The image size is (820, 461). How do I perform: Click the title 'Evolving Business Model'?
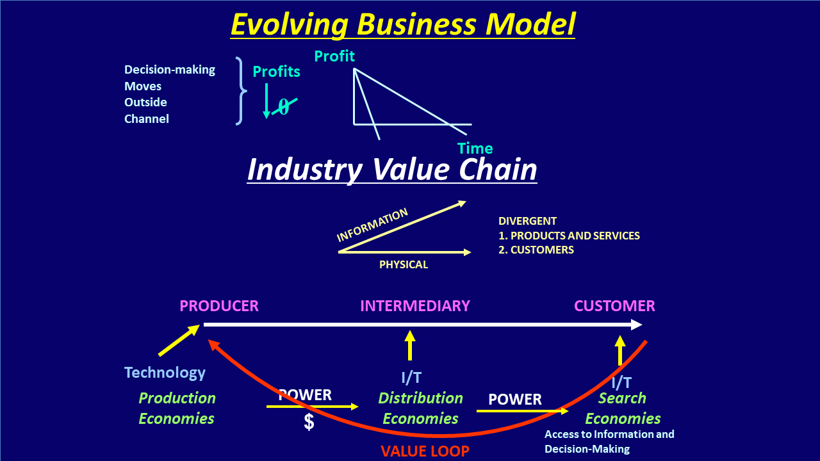[x=403, y=24]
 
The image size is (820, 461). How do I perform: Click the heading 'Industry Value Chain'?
[x=392, y=170]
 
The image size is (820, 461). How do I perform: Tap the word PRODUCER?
[x=219, y=306]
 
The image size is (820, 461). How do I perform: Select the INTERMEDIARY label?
[x=415, y=306]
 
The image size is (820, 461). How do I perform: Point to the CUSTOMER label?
[x=614, y=306]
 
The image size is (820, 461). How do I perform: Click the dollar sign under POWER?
[x=309, y=422]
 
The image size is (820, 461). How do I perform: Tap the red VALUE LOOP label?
[x=425, y=451]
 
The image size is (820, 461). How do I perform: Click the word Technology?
[x=165, y=373]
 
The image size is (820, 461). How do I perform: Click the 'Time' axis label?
[x=475, y=149]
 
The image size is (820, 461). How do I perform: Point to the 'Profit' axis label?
[x=334, y=56]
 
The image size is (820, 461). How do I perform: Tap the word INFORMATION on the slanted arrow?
[x=372, y=225]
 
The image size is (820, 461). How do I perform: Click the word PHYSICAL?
[x=404, y=264]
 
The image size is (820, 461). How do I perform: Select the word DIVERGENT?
[x=527, y=222]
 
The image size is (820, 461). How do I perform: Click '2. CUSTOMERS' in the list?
[x=536, y=250]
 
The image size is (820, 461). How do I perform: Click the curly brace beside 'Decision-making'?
[x=240, y=91]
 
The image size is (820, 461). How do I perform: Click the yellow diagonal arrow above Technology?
[x=179, y=340]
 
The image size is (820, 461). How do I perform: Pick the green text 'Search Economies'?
[x=623, y=408]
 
